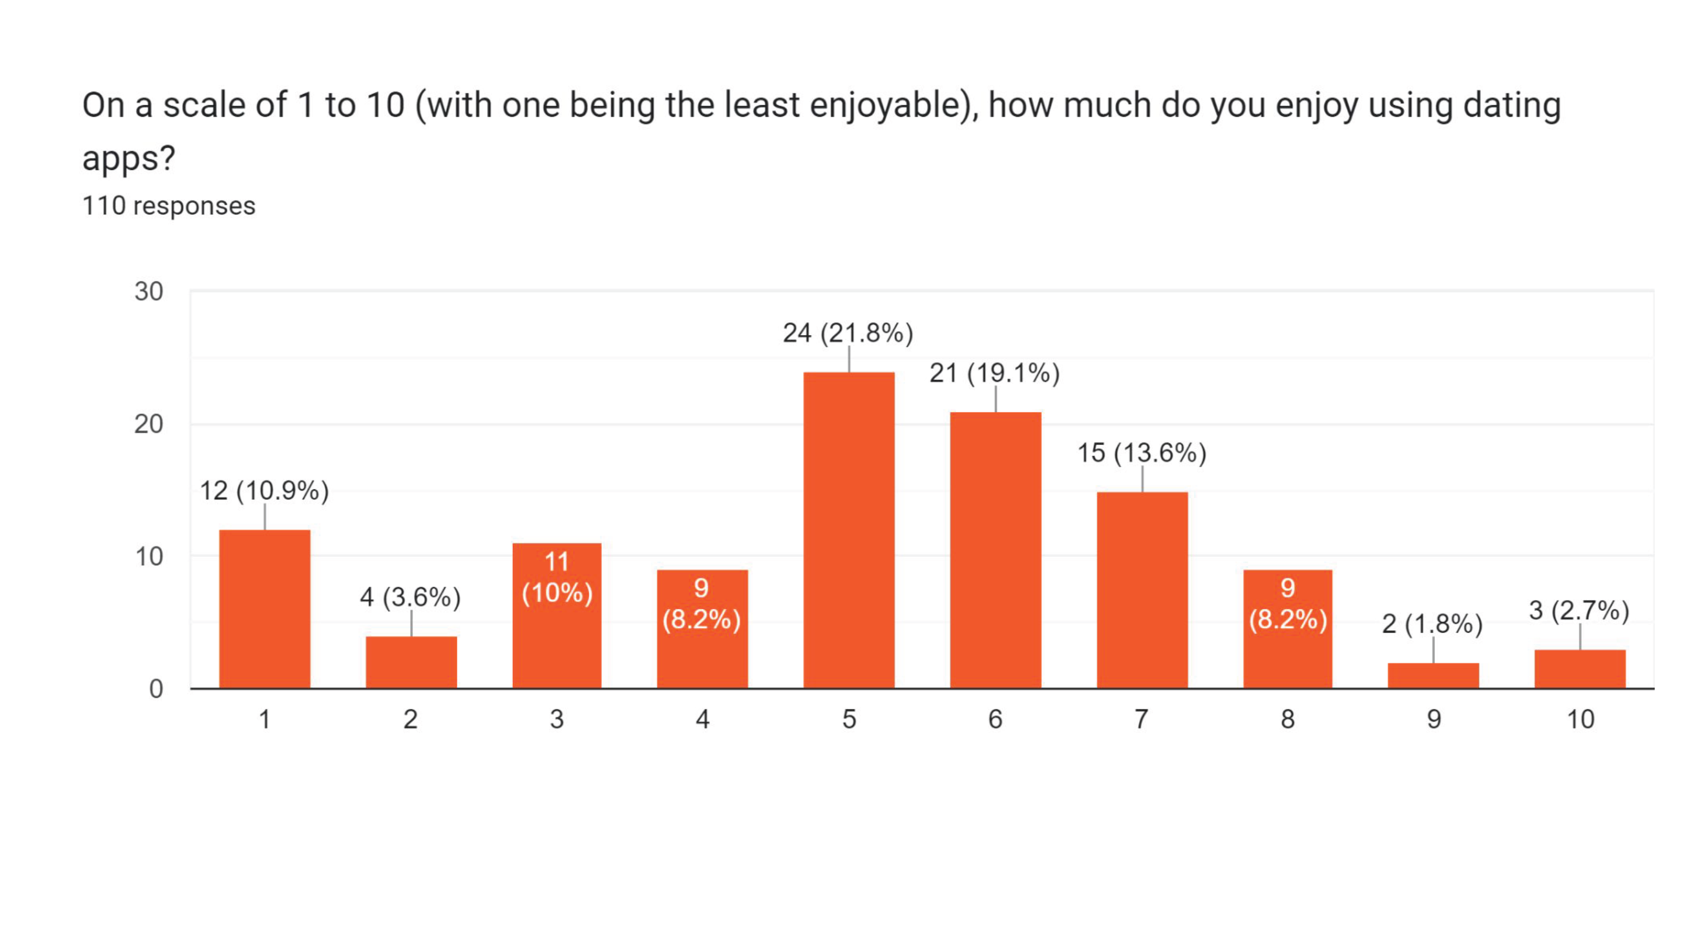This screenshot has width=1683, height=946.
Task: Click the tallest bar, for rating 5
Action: point(849,529)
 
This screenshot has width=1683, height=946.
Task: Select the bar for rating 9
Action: point(1433,676)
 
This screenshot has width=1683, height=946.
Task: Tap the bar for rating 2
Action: point(411,662)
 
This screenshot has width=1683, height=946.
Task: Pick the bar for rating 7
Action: point(1142,589)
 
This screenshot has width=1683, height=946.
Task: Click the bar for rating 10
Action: point(1580,669)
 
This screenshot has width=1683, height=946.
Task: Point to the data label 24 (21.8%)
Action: point(848,333)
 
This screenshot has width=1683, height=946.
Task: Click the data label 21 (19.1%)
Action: point(994,373)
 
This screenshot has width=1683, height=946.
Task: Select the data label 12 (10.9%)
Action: point(264,491)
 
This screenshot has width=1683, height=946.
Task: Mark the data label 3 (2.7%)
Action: point(1579,611)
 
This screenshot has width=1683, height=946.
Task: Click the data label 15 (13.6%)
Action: point(1141,453)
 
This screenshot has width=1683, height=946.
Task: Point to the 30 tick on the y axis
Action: point(149,291)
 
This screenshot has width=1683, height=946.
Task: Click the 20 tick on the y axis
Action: point(149,425)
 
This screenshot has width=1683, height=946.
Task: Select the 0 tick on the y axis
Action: point(156,689)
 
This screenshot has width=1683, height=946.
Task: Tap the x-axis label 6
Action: point(995,719)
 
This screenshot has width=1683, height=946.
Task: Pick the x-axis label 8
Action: point(1288,719)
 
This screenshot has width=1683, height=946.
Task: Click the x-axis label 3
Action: point(557,719)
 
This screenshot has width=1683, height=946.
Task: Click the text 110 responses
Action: point(169,206)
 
